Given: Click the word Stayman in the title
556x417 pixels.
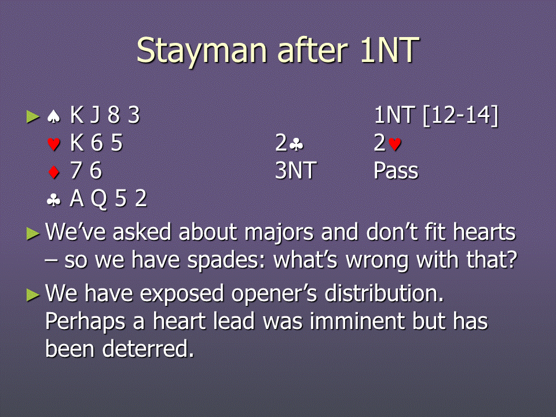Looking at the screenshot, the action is tap(202, 52).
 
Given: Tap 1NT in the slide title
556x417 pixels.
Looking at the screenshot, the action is tap(389, 50).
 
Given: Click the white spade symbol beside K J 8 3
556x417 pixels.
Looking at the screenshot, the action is tap(53, 116).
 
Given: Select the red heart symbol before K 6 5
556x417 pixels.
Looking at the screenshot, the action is tap(53, 144).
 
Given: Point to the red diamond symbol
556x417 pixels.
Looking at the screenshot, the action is tap(53, 171).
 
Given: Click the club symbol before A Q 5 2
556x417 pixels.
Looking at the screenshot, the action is tap(53, 200).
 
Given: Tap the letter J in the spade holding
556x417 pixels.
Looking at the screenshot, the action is tap(94, 115).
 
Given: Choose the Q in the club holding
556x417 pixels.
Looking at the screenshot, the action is tap(98, 199).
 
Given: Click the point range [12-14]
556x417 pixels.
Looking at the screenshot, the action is tap(460, 116).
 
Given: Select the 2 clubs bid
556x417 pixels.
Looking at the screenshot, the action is tap(290, 143).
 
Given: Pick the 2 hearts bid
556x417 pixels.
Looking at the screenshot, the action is tap(387, 143).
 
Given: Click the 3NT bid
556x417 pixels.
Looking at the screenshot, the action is tap(296, 170).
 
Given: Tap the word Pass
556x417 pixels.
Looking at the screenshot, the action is tap(396, 170).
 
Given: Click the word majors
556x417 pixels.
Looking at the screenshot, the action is tap(279, 233).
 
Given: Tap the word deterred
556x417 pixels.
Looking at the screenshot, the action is tap(148, 349).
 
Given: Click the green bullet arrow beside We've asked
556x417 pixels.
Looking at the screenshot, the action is tap(33, 233).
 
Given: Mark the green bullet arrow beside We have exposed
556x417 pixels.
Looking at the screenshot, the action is tap(33, 295).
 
